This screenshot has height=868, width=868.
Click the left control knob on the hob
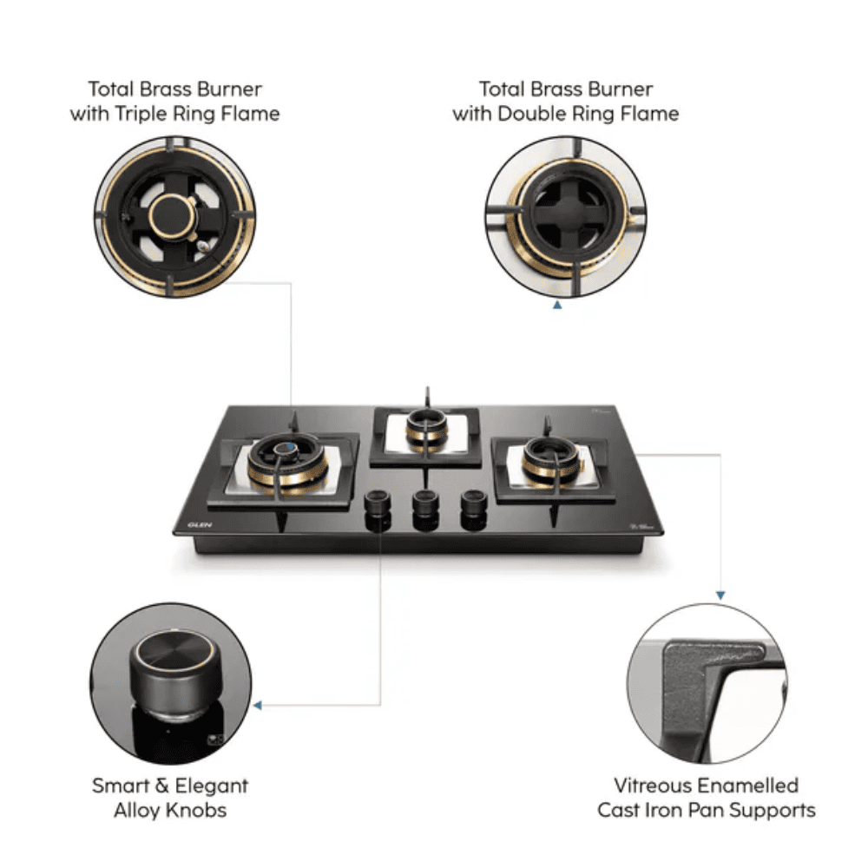[x=377, y=508]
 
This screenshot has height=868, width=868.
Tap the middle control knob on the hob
[x=424, y=508]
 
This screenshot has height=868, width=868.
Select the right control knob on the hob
[x=473, y=507]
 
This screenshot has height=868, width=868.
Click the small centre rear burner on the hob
[x=427, y=430]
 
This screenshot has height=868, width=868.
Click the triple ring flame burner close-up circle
[x=175, y=217]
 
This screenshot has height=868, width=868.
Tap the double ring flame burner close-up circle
[x=565, y=217]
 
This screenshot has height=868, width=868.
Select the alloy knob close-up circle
[x=171, y=684]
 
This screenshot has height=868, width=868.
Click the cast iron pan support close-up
[x=707, y=684]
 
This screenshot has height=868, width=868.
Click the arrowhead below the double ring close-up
[x=557, y=306]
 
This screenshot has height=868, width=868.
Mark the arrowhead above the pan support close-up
[x=720, y=595]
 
